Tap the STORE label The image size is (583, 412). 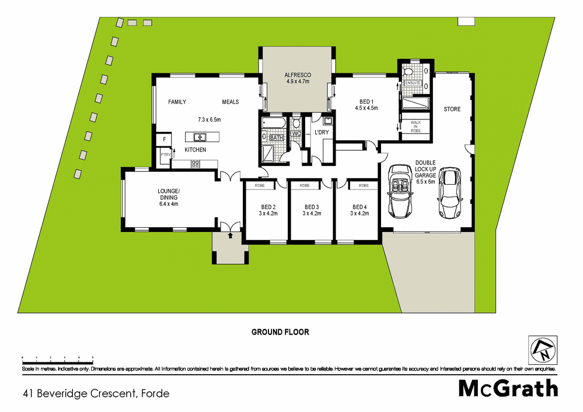[452, 109]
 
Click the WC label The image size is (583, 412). [296, 133]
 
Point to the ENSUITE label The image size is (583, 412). [413, 83]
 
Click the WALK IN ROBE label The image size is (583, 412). [416, 126]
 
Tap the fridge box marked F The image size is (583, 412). [165, 140]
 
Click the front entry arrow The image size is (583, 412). [230, 235]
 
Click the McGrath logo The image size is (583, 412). [508, 388]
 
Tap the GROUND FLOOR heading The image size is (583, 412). [280, 332]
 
